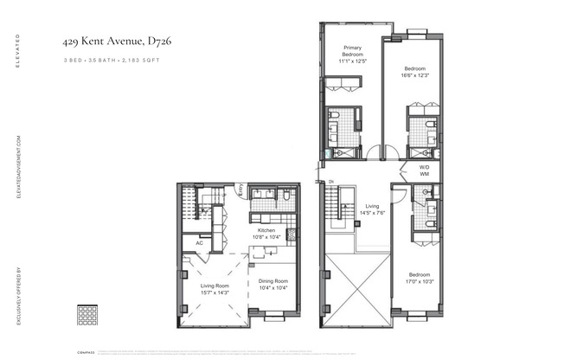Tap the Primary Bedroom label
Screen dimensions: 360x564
point(352,54)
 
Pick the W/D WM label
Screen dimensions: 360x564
point(425,170)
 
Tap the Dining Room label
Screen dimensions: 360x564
point(273,285)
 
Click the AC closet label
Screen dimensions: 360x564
point(198,243)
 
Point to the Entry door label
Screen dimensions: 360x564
point(240,192)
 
